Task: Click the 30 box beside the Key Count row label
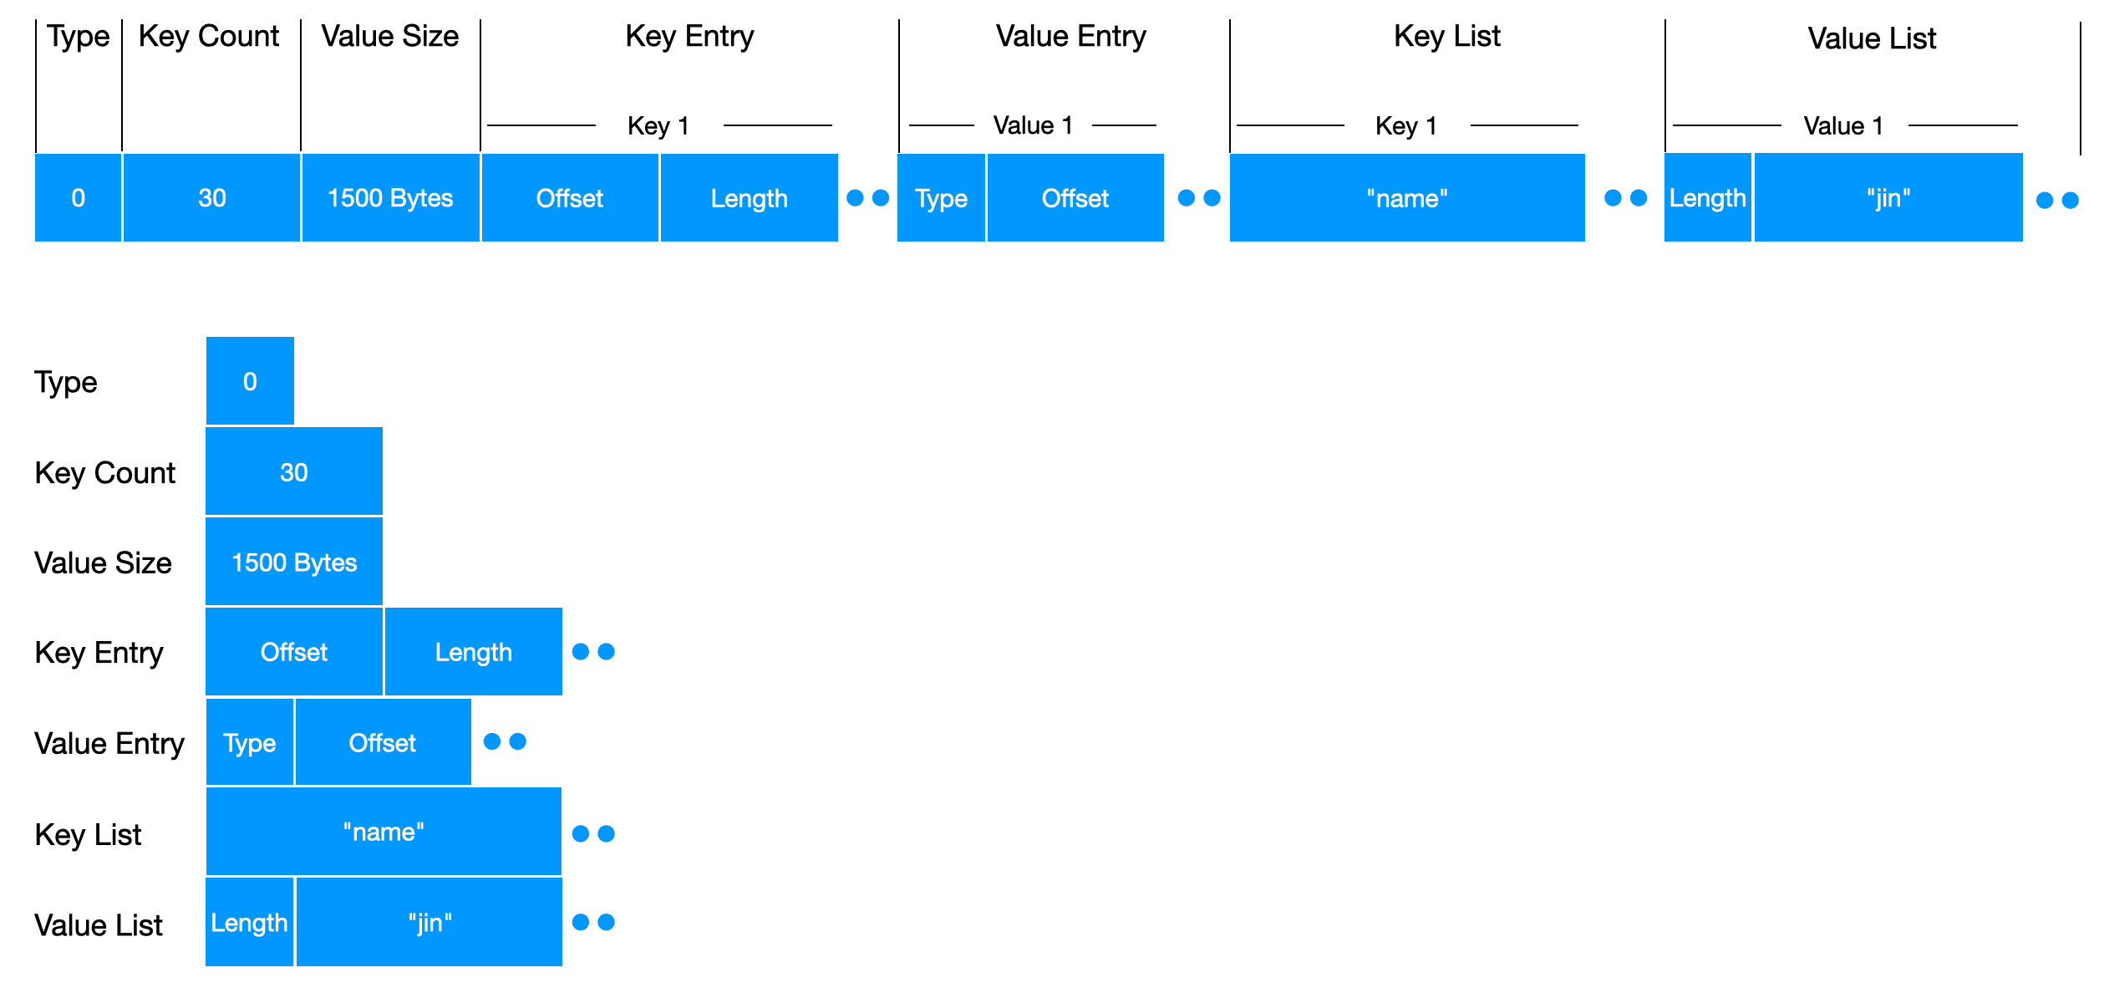(294, 471)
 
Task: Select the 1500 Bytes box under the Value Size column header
(390, 198)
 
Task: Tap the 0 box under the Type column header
(78, 198)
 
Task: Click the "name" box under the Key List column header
(1407, 198)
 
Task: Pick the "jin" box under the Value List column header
(1888, 198)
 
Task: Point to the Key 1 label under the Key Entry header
(658, 125)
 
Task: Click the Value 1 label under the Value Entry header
(1033, 125)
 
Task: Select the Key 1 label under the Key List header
(1406, 125)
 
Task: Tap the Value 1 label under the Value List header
(1844, 126)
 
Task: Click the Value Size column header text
(390, 37)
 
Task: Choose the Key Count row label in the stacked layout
(105, 473)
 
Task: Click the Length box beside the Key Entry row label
(474, 652)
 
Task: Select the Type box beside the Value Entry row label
(250, 742)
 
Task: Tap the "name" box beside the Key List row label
(384, 832)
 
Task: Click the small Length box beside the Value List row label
(250, 922)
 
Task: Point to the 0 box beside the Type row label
(250, 381)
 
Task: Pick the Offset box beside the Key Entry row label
(294, 652)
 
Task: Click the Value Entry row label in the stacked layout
(109, 743)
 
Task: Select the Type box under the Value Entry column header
(941, 198)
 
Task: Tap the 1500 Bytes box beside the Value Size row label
(294, 562)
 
